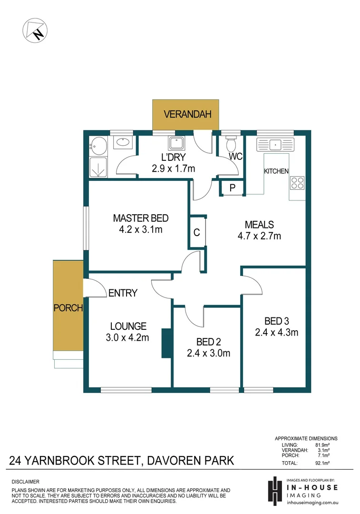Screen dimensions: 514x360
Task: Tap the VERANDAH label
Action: [185, 114]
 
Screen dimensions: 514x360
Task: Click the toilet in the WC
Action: [231, 144]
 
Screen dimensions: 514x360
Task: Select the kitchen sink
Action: [275, 143]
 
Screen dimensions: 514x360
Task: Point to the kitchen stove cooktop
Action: [297, 183]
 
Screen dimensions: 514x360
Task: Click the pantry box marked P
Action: [232, 188]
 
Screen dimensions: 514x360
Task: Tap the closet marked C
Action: [196, 233]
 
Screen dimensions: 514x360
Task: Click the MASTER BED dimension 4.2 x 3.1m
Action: [140, 230]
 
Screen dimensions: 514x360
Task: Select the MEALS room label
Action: [259, 224]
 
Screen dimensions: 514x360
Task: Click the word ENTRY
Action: [123, 293]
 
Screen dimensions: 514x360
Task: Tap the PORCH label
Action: [68, 308]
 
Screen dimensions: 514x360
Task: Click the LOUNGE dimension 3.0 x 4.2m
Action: [128, 338]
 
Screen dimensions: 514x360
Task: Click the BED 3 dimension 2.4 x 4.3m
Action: [276, 332]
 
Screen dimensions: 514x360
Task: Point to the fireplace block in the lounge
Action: [166, 343]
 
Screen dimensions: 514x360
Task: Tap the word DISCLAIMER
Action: [26, 482]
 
